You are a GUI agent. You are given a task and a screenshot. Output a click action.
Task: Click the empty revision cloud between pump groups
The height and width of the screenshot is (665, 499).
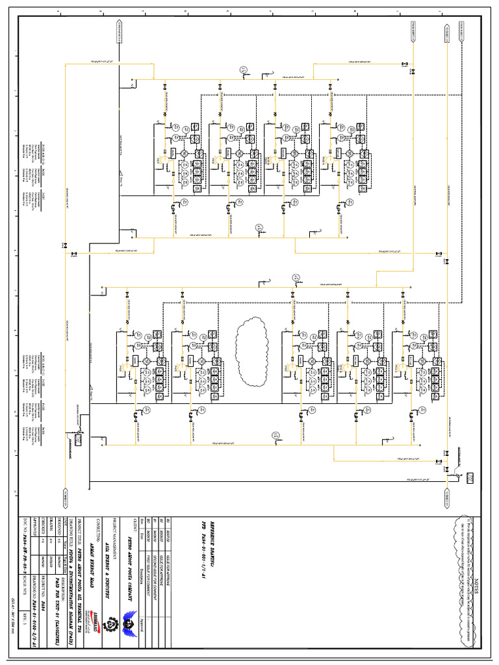pos(250,337)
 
